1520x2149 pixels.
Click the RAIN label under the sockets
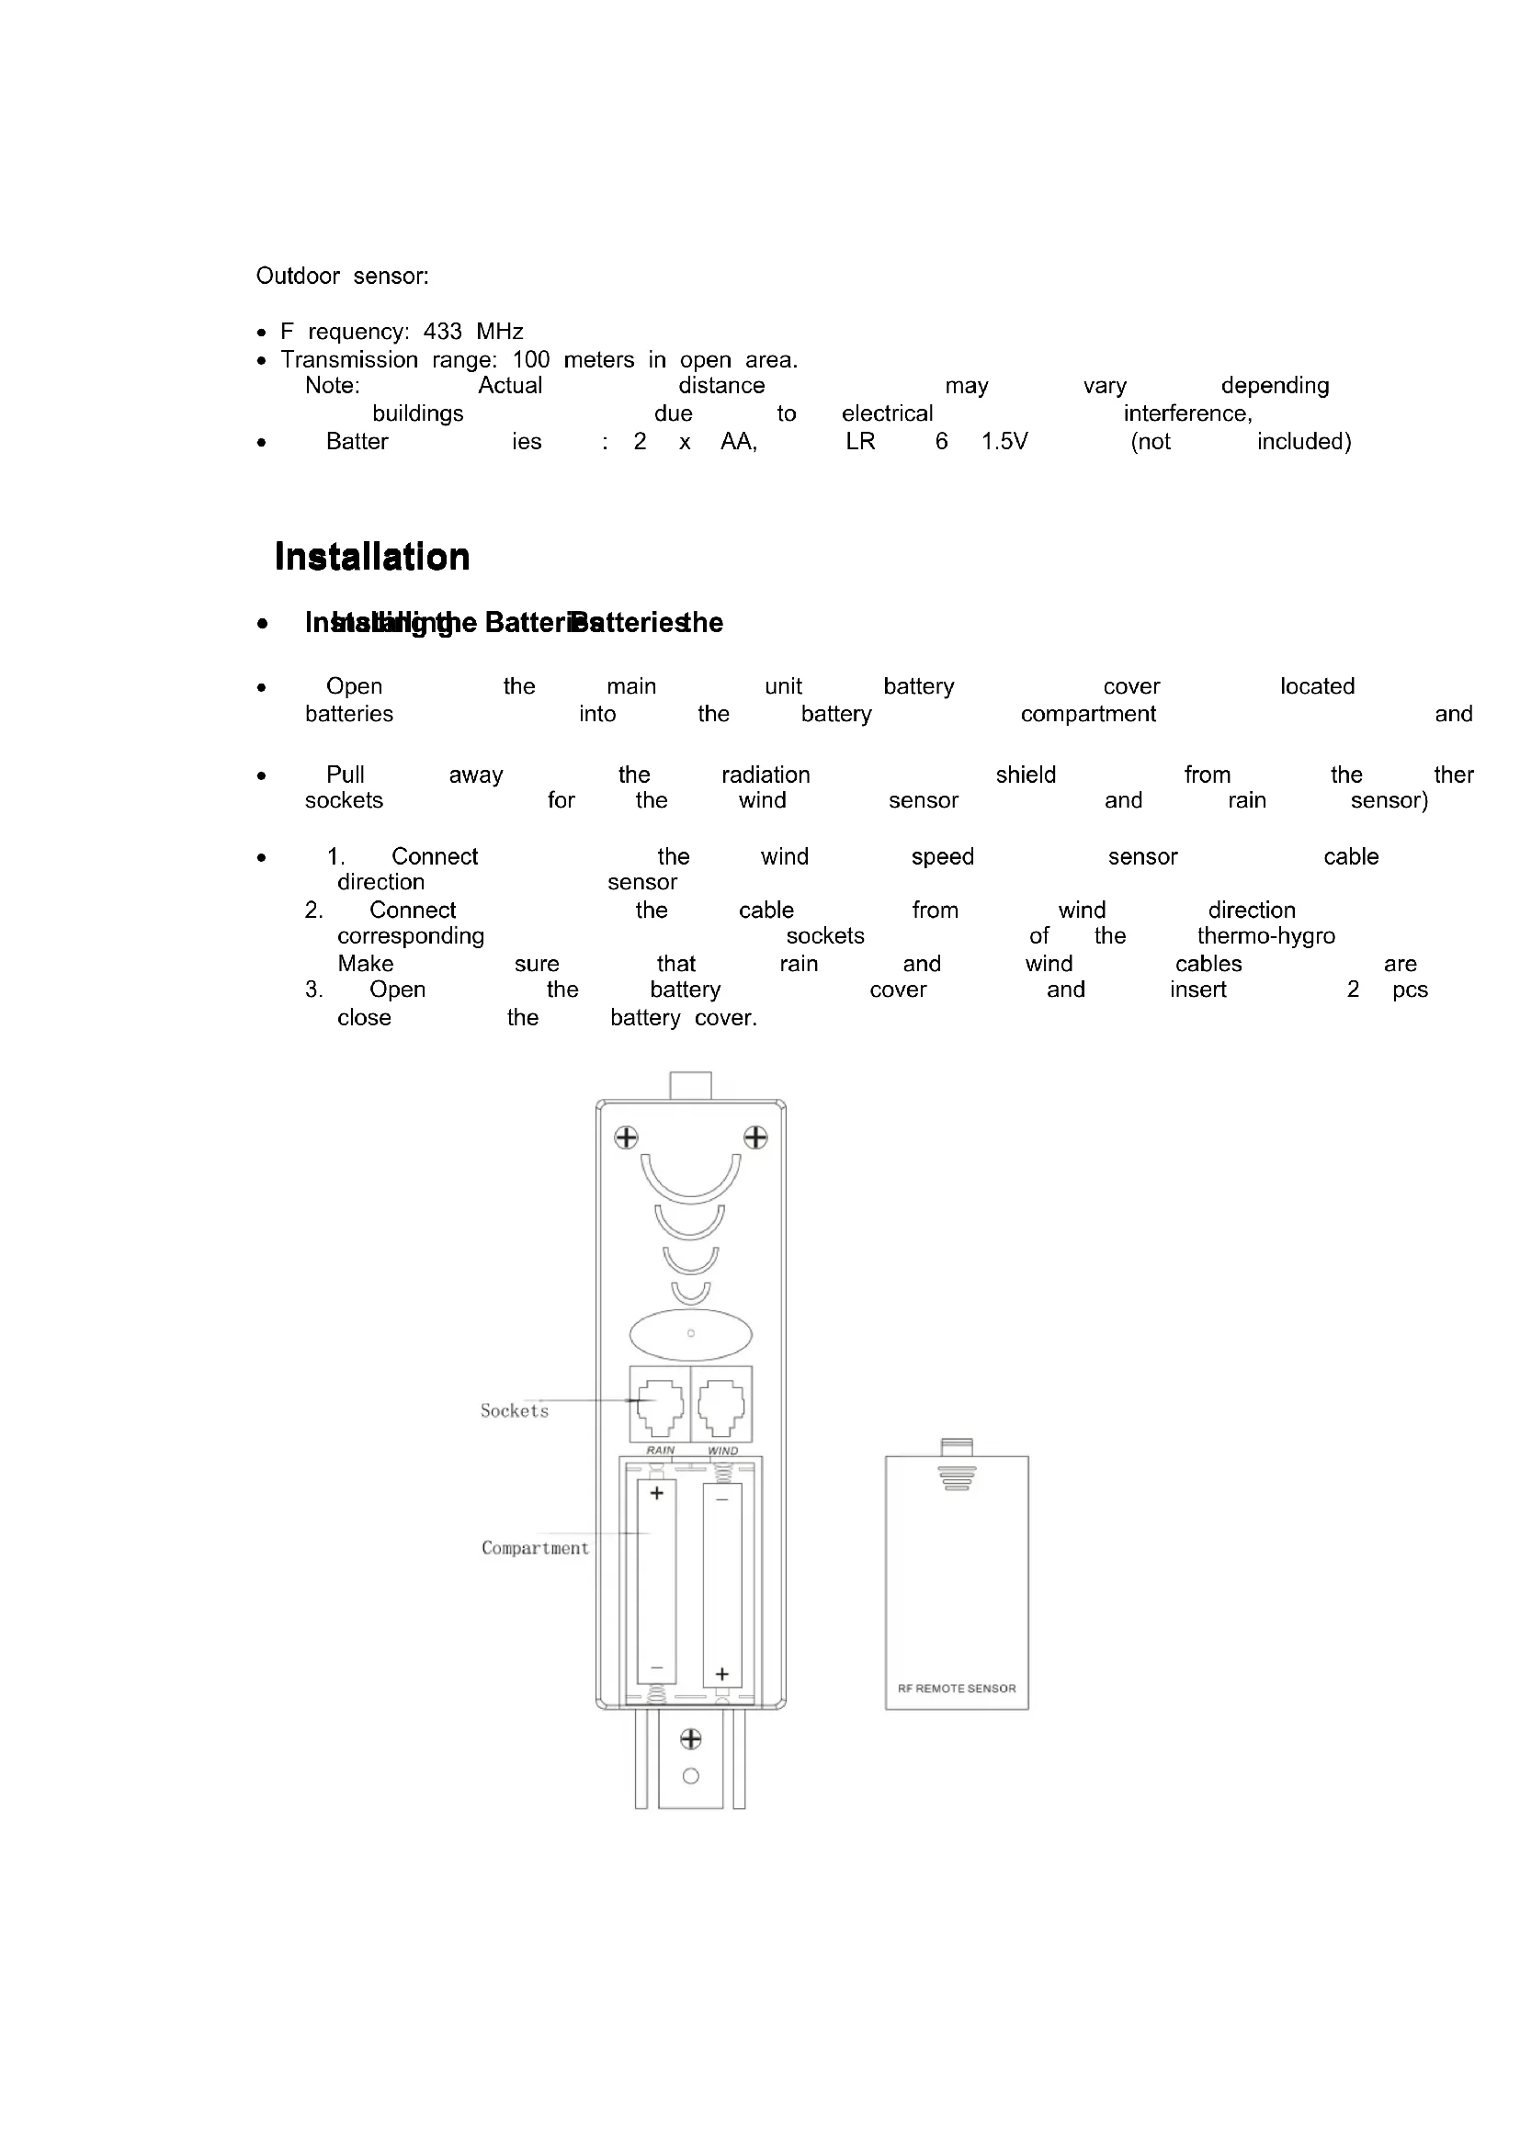660,1450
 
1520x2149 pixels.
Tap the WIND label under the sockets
722,1451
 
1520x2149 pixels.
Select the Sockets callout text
514,1410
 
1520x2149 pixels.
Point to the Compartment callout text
536,1548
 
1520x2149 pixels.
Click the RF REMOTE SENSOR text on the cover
957,1689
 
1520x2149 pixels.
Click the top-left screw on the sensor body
626,1138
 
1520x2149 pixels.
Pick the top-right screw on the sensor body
755,1138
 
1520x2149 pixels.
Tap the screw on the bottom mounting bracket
691,1739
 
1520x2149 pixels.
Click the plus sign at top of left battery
657,1493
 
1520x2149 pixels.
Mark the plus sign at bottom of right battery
721,1673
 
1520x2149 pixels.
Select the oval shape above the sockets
691,1333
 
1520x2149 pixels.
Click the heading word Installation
372,557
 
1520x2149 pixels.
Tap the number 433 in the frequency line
443,332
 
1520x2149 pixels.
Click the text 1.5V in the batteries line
1004,442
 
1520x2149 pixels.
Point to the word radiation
766,775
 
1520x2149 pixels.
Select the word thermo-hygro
1265,936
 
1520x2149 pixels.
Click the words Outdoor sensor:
343,277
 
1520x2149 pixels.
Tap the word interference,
1187,413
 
